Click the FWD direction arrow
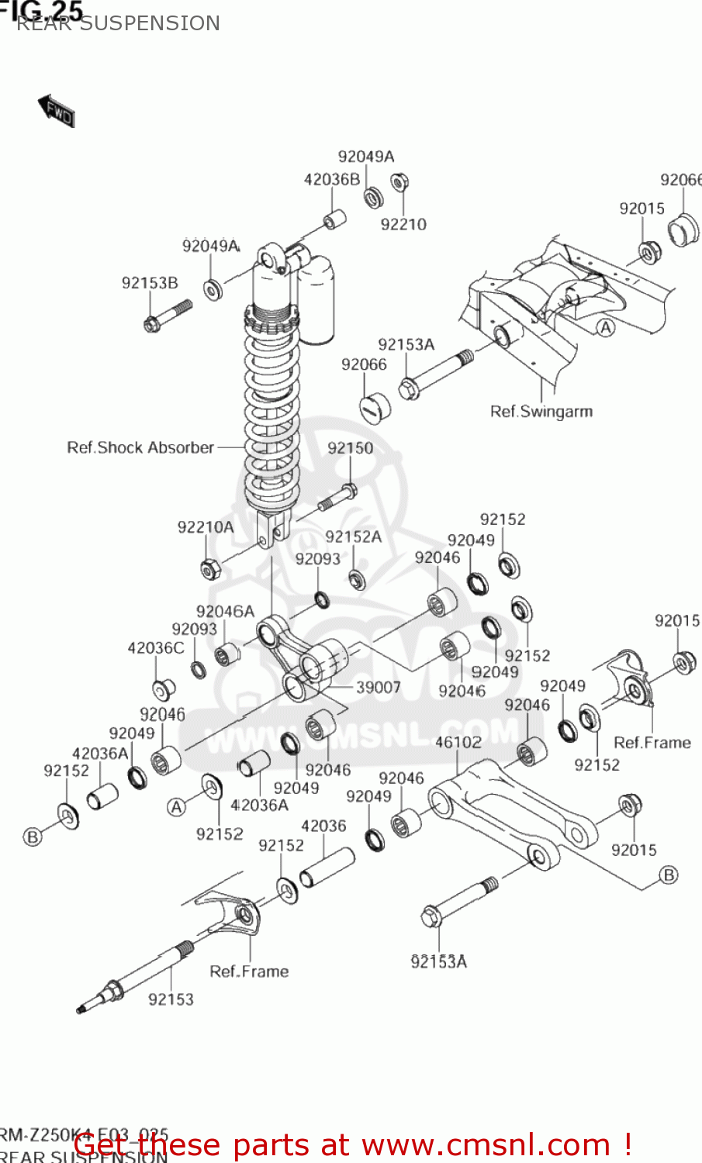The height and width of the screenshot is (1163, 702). coord(57,112)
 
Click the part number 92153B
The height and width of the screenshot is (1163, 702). coord(150,283)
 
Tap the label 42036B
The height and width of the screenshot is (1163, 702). coord(332,180)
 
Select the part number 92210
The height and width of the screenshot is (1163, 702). coord(403,225)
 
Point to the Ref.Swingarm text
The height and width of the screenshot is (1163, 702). coord(541,412)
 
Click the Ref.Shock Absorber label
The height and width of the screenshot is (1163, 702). coord(140,448)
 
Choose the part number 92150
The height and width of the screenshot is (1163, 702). coord(350,448)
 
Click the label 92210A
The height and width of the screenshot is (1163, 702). coord(206,527)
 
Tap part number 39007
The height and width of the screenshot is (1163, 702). coord(379,688)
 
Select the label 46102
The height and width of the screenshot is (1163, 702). coord(458,742)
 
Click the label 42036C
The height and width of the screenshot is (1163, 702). coord(156,648)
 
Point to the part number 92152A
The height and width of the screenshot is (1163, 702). coord(353,537)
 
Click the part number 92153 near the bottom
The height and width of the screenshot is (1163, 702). coord(171,999)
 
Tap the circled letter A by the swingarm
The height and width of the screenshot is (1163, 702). coord(606,328)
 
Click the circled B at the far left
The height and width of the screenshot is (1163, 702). coord(33,837)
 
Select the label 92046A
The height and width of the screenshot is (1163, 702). coord(225,612)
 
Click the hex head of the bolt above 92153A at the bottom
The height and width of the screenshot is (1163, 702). coord(432,917)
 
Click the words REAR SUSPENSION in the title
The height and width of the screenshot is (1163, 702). coord(118,23)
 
